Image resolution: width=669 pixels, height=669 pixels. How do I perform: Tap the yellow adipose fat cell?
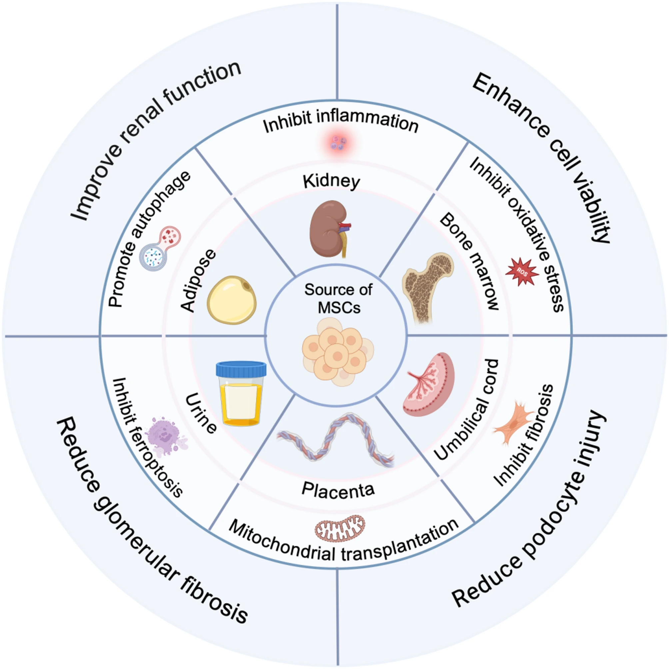(232, 300)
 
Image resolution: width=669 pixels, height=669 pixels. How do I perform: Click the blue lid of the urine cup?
(241, 369)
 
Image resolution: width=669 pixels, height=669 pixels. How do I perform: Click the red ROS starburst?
(522, 272)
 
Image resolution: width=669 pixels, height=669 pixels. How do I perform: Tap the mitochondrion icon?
(340, 528)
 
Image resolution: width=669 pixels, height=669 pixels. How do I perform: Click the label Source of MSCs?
(338, 298)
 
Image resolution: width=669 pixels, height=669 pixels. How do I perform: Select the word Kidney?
(332, 182)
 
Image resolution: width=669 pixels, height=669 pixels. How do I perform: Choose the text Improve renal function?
(156, 140)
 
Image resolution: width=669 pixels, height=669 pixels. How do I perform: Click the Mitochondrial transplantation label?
(343, 544)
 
